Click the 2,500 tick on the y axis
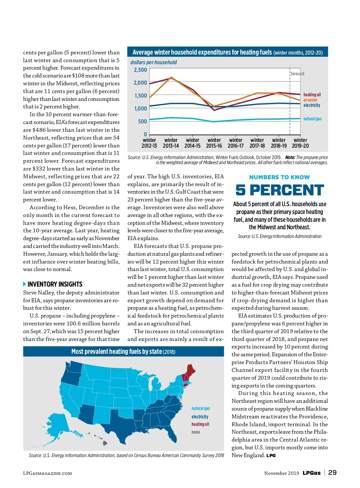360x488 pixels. click(x=140, y=70)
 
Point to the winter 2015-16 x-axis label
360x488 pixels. click(x=214, y=143)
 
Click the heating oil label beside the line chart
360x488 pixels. click(x=312, y=95)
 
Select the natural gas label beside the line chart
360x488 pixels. click(x=312, y=119)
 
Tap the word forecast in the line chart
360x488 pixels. click(x=297, y=74)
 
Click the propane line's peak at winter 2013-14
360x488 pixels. click(x=171, y=77)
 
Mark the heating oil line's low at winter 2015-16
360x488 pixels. click(x=214, y=110)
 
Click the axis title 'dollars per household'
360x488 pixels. click(x=153, y=62)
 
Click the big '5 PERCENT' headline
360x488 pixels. click(x=280, y=190)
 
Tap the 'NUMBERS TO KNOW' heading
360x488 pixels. click(x=280, y=177)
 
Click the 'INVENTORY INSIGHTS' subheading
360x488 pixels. click(x=55, y=284)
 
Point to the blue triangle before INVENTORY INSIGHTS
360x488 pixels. click(x=25, y=284)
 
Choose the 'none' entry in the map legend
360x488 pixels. click(x=196, y=432)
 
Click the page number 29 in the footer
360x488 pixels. click(x=332, y=473)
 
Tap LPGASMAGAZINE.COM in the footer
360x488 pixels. click(x=47, y=473)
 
